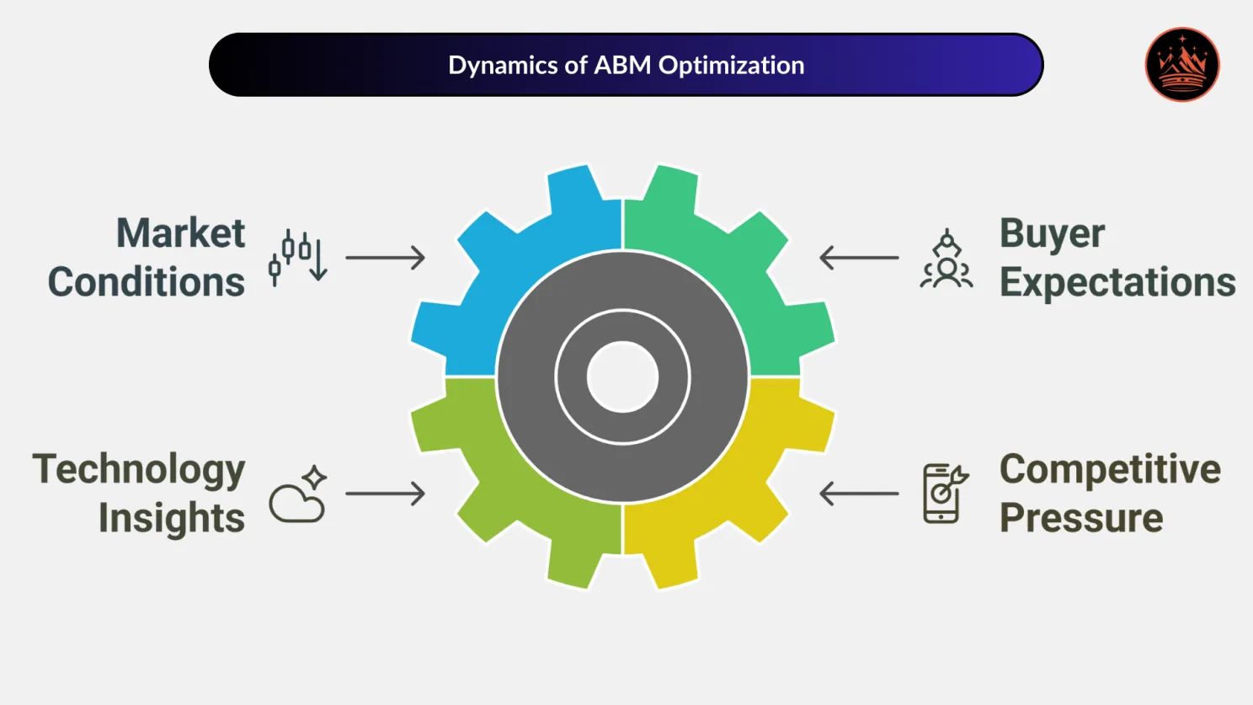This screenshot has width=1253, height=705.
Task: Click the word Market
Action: [180, 233]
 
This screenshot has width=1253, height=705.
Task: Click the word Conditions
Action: [147, 282]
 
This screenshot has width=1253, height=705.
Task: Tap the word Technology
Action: [139, 470]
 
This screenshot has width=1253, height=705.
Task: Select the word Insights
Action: [172, 518]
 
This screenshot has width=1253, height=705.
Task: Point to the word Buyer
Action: [1052, 234]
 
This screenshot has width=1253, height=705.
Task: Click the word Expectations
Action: [1117, 282]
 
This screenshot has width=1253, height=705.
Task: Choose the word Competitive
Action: [1110, 470]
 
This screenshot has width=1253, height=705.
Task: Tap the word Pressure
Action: [1081, 518]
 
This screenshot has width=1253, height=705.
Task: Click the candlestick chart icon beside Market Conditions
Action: [298, 257]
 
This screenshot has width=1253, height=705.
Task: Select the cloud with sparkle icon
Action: [298, 494]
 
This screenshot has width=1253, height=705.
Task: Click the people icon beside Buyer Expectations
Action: [946, 259]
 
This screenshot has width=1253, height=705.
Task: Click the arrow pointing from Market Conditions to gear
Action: [386, 258]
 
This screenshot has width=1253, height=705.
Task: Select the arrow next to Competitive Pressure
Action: [859, 494]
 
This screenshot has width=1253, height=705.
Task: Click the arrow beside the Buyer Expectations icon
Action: [859, 258]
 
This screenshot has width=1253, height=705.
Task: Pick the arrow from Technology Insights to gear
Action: [386, 494]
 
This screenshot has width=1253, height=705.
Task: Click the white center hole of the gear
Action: [622, 377]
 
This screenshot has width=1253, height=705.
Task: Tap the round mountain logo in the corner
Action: [1182, 65]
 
